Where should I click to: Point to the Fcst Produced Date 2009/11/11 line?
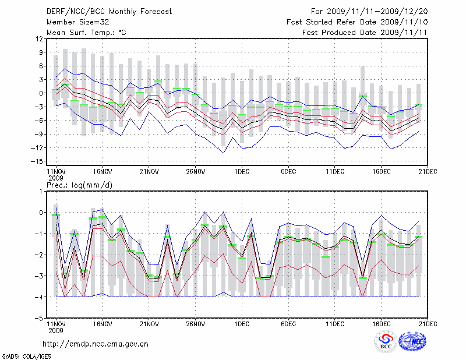click(365, 33)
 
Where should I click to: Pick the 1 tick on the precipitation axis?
click(40, 191)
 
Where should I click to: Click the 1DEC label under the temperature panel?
click(242, 172)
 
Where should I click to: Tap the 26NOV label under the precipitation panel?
click(195, 324)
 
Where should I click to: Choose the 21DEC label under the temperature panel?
click(428, 172)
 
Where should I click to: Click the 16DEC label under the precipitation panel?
click(382, 324)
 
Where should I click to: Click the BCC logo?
click(385, 342)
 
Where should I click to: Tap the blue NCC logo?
click(412, 342)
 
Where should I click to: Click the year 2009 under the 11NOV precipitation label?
click(55, 330)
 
